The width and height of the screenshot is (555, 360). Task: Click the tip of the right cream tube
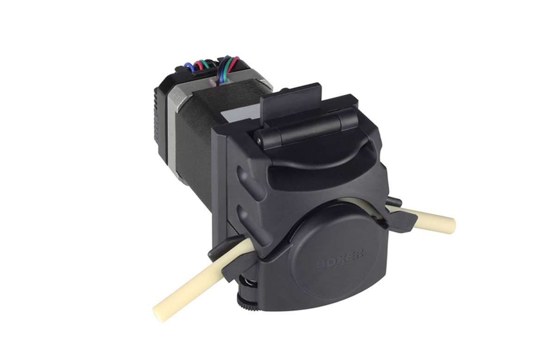coord(451,226)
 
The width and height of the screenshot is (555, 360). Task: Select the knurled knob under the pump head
coord(248,303)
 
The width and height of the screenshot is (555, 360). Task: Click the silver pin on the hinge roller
coord(259,140)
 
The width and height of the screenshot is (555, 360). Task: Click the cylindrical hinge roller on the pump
coord(306,130)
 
